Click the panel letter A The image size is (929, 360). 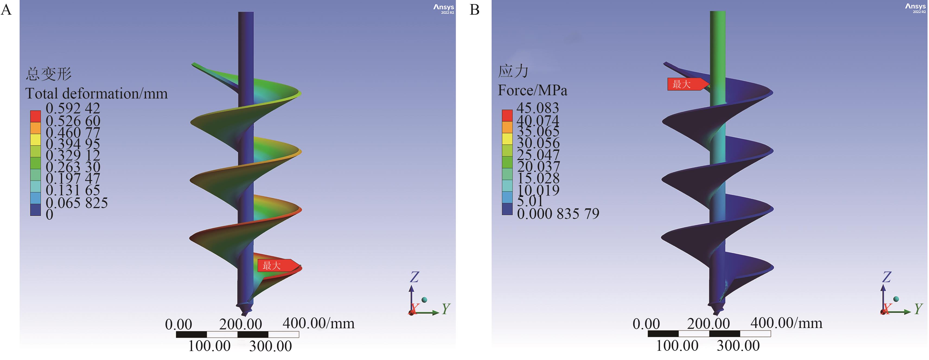(6, 9)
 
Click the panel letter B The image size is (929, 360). (475, 9)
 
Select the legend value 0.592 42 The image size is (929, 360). (73, 108)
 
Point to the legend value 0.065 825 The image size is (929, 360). (76, 203)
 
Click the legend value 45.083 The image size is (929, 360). (538, 108)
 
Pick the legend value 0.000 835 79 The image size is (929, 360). (558, 214)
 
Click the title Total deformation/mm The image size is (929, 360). (96, 94)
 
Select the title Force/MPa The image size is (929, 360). (532, 90)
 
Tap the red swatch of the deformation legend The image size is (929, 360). (35, 116)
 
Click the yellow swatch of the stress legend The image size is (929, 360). (507, 139)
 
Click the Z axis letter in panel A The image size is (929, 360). (414, 277)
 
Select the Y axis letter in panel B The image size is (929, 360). (918, 308)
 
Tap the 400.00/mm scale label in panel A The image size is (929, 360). (318, 323)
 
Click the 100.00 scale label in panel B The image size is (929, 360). (677, 346)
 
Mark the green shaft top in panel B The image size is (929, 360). (718, 14)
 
